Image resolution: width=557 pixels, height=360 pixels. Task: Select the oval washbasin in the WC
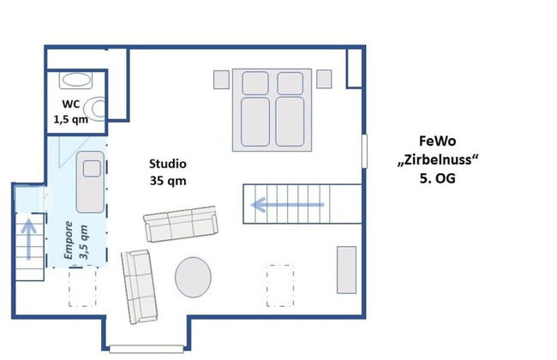pyautogui.click(x=75, y=81)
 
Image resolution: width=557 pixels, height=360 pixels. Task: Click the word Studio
pyautogui.click(x=167, y=164)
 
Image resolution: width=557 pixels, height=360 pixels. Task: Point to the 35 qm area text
pyautogui.click(x=167, y=181)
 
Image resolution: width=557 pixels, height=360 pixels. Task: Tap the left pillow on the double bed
pyautogui.click(x=255, y=83)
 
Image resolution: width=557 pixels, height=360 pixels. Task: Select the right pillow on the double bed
pyautogui.click(x=287, y=83)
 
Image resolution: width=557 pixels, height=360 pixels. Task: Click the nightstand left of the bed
pyautogui.click(x=220, y=80)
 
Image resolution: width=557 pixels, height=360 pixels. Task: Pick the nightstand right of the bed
pyautogui.click(x=324, y=79)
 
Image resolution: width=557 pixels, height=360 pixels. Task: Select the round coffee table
pyautogui.click(x=195, y=277)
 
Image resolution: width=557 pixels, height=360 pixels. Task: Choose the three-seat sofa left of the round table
pyautogui.click(x=137, y=286)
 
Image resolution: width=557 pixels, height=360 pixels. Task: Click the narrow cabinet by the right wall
pyautogui.click(x=346, y=270)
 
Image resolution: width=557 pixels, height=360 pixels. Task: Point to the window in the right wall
pyautogui.click(x=365, y=152)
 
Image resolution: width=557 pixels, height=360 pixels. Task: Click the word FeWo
pyautogui.click(x=437, y=142)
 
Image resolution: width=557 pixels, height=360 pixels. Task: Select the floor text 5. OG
pyautogui.click(x=437, y=179)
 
